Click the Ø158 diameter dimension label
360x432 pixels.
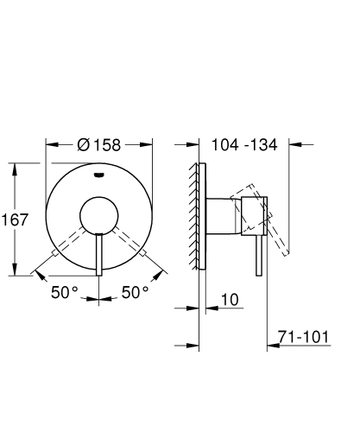point(100,144)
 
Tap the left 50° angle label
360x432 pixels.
point(64,293)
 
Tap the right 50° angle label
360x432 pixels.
point(135,293)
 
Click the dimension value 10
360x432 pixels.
point(229,299)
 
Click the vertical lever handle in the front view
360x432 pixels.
point(100,255)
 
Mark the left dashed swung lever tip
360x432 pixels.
point(55,252)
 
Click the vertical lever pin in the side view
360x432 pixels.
point(256,255)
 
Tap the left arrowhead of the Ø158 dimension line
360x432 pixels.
point(49,145)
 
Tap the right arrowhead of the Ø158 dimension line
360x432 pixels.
point(151,145)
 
